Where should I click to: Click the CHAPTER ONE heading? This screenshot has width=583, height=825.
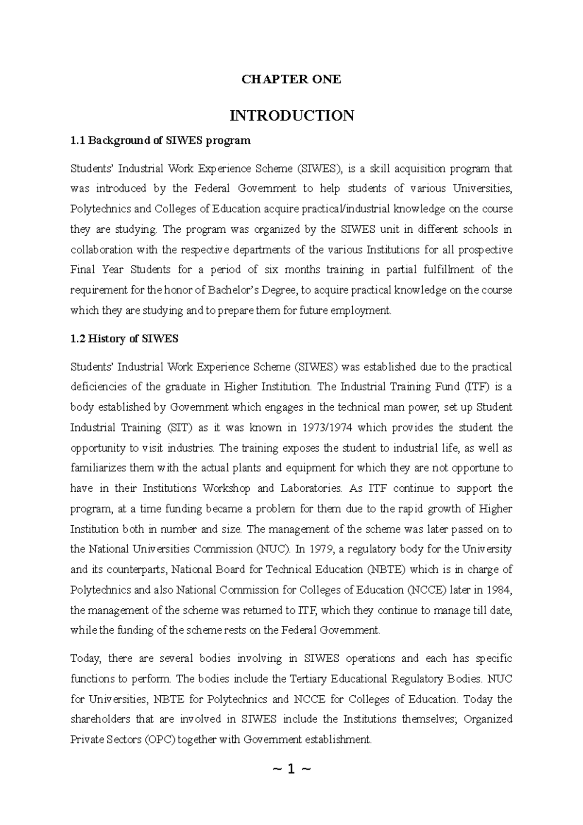[291, 79]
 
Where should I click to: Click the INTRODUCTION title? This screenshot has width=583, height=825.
[291, 116]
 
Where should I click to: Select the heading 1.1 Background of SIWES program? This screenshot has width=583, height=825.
[160, 141]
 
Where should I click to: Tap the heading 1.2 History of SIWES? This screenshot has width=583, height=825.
[124, 339]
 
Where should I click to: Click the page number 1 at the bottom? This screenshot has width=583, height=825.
[291, 769]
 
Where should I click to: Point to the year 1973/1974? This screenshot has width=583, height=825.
[328, 428]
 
